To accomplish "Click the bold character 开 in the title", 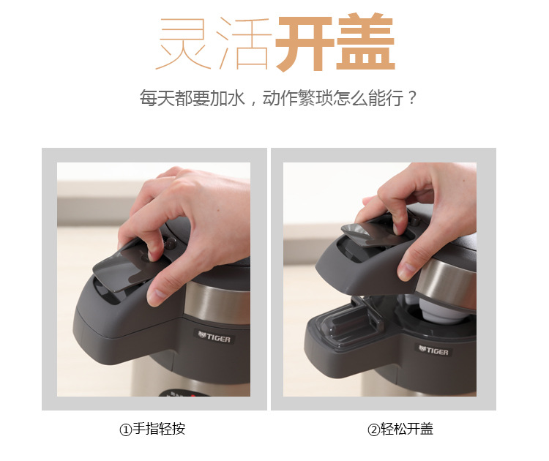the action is point(305,42).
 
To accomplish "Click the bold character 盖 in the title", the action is point(365,42).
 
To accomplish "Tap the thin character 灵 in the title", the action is point(184,43).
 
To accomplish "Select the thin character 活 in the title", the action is point(244,43).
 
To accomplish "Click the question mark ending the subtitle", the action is point(412,97).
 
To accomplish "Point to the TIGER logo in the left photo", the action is point(214,337).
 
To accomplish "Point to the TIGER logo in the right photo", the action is point(433,349).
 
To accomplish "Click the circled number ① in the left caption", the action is point(125,430).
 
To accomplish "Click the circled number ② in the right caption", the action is point(373,430).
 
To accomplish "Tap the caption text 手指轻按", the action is point(159,429).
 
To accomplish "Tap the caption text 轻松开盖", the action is point(407,429).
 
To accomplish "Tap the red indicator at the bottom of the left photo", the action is point(192,396).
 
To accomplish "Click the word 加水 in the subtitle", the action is point(227,98).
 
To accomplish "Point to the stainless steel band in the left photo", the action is point(217,301).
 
